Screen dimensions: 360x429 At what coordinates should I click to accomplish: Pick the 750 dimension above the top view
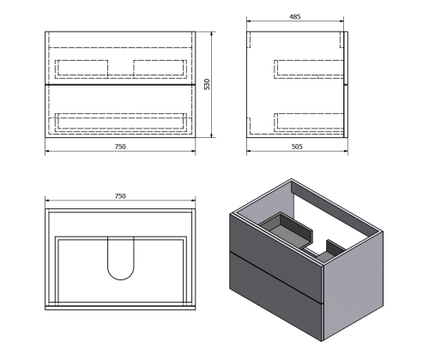click(x=120, y=196)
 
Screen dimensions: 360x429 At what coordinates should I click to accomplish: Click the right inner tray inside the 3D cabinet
click(x=333, y=249)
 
